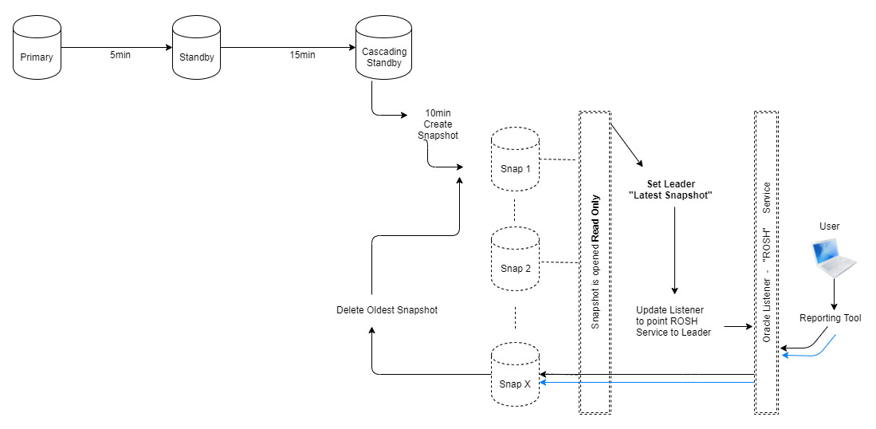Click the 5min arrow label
120,55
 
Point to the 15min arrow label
302,55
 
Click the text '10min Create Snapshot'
438,124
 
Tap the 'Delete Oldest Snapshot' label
387,309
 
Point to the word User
829,226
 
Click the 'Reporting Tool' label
830,318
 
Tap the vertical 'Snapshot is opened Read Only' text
595,262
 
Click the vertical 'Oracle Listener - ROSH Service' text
766,262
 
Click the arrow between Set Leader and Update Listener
675,247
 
